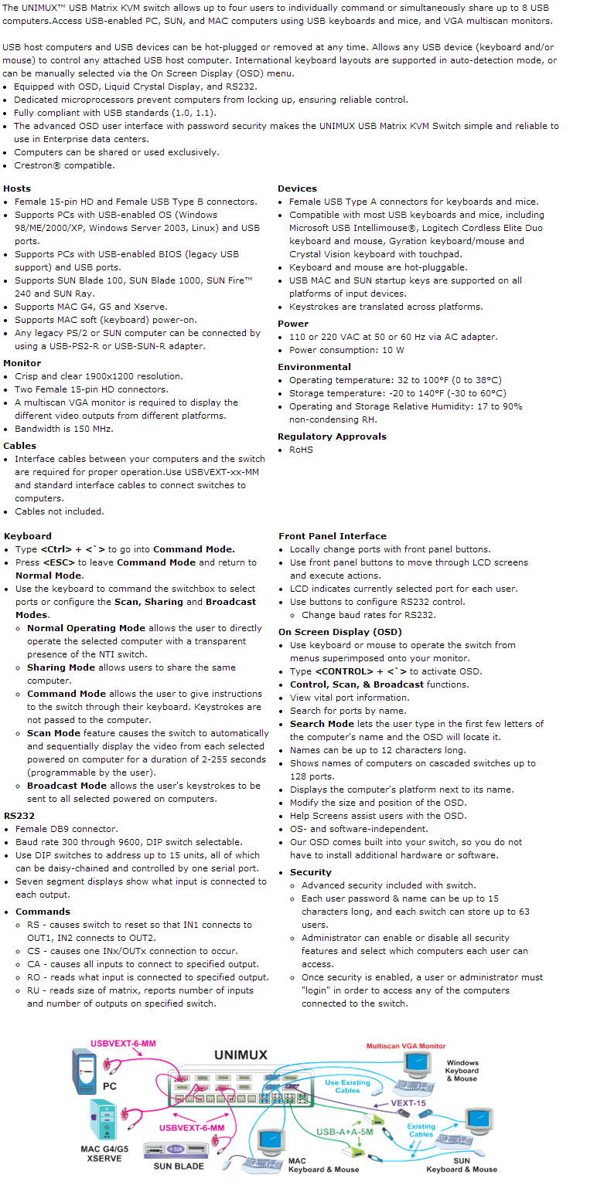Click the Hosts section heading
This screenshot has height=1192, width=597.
(17, 188)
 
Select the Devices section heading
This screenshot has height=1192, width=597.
(297, 188)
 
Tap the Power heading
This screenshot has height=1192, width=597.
(293, 324)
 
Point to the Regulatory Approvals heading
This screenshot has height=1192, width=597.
(332, 436)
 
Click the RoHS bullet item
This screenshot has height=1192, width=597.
(301, 450)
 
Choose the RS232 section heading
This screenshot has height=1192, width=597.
(19, 815)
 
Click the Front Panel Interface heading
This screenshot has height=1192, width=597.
(333, 536)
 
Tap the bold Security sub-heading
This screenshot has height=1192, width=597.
(311, 872)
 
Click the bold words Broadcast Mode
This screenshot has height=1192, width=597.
(67, 786)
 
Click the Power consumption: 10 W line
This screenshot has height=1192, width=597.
(346, 350)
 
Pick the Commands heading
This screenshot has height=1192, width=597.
(43, 912)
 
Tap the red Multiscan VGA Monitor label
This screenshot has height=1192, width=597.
(406, 1046)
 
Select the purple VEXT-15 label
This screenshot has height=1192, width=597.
(408, 1103)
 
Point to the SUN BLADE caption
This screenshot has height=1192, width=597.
(179, 1166)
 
